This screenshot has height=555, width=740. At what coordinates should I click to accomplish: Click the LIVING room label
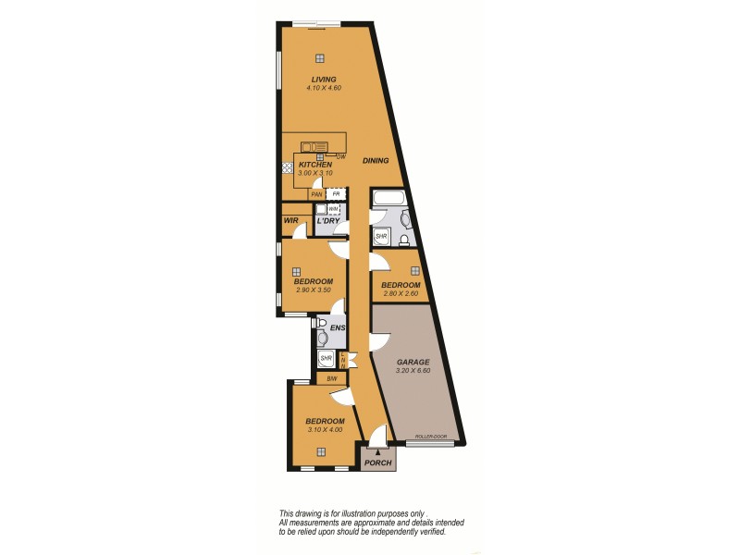click(x=324, y=80)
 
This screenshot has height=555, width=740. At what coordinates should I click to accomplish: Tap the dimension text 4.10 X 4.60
click(x=324, y=88)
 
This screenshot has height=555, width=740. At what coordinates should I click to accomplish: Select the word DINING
click(x=376, y=161)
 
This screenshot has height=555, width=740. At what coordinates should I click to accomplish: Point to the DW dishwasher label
click(x=340, y=156)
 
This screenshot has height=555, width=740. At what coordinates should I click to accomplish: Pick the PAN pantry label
click(x=316, y=194)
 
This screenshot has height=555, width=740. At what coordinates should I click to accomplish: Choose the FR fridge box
click(x=337, y=194)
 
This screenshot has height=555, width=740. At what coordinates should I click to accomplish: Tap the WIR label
click(x=290, y=221)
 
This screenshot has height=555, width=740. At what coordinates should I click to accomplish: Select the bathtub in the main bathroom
click(x=387, y=199)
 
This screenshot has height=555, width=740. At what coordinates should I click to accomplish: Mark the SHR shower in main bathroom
click(x=380, y=237)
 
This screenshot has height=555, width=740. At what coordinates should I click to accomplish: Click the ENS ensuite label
click(x=337, y=328)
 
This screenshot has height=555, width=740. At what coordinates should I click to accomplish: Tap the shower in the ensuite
click(x=326, y=359)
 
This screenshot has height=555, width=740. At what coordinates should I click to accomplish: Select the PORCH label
click(x=376, y=462)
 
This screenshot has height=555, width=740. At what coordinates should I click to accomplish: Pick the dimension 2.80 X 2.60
click(x=401, y=293)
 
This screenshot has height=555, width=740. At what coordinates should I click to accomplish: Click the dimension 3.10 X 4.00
click(x=325, y=429)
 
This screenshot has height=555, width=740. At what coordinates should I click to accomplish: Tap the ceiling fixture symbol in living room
click(x=319, y=57)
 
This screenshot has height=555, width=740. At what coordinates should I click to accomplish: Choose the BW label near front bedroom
click(x=330, y=378)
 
